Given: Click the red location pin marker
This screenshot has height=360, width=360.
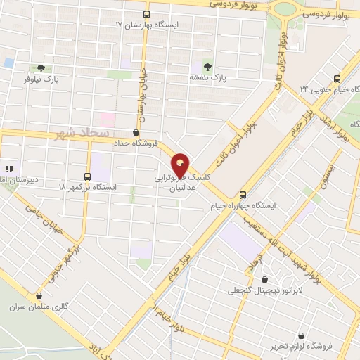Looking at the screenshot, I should (x=181, y=165).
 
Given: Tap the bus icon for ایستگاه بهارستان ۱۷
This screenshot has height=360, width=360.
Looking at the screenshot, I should (x=146, y=14).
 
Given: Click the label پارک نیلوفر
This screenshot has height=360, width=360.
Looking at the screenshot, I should (x=42, y=80).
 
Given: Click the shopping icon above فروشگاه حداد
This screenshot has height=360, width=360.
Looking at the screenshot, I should (x=136, y=131).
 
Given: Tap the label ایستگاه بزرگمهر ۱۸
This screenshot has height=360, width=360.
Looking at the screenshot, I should (x=88, y=188).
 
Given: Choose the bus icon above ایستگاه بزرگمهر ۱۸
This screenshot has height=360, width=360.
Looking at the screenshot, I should (x=87, y=176).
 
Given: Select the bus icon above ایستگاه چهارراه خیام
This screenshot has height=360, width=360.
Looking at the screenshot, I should (x=243, y=195).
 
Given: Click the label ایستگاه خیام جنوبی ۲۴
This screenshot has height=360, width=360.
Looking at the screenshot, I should (x=328, y=90).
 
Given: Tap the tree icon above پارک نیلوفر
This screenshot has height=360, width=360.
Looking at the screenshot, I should (x=41, y=69).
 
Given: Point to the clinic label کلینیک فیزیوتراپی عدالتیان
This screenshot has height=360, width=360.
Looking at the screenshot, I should (x=181, y=185).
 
